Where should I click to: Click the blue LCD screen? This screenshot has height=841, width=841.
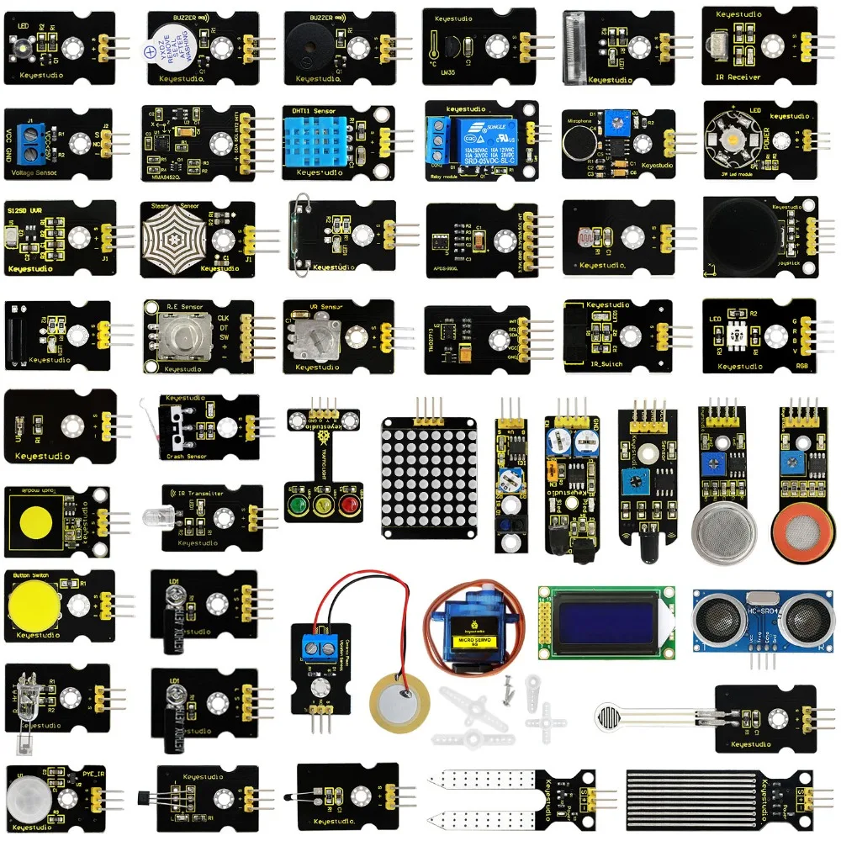pyautogui.click(x=606, y=621)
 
